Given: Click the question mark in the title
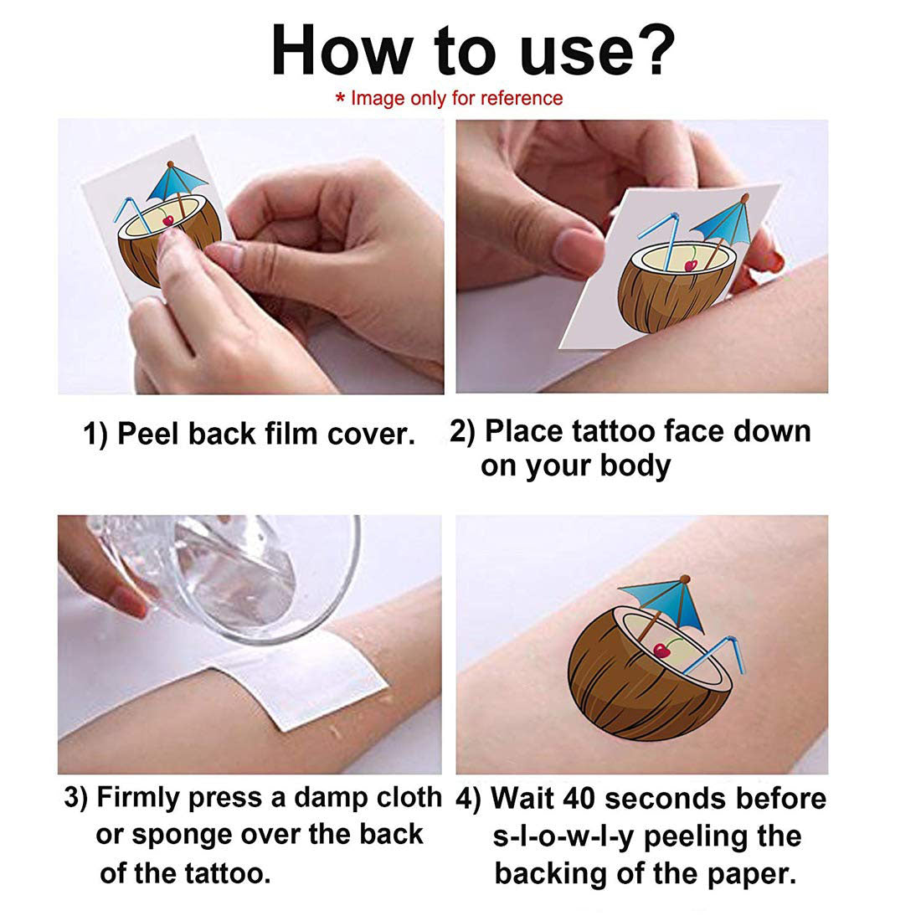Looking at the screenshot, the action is tap(653, 51).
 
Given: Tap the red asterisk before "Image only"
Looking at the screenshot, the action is tap(340, 98).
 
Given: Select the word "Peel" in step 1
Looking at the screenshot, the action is tap(150, 434).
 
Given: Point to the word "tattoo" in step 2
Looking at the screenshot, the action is tap(614, 431).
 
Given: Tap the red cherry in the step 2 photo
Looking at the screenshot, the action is tap(692, 265).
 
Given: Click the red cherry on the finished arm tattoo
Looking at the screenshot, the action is tap(662, 651).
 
